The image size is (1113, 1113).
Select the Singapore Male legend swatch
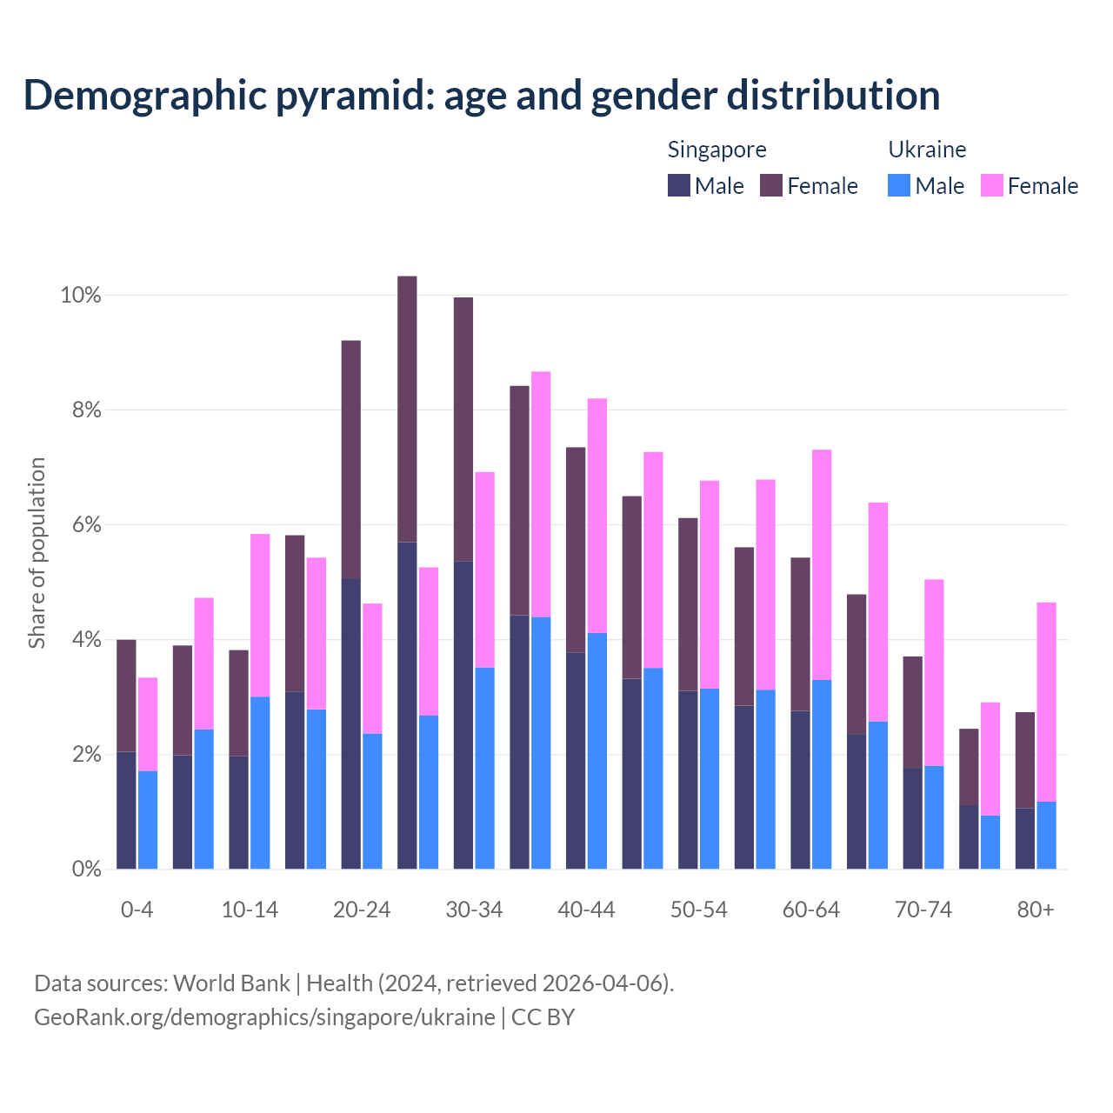pos(678,185)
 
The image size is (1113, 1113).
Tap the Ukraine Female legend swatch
pos(991,185)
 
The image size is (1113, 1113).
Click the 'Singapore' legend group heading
pos(716,150)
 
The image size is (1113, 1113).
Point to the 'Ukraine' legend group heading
pos(927,150)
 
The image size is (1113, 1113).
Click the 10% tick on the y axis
pos(80,296)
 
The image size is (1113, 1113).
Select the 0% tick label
pos(85,869)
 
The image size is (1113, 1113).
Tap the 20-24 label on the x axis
pos(362,910)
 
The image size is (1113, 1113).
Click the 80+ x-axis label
pos(1035,910)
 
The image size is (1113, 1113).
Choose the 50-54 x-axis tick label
pos(698,910)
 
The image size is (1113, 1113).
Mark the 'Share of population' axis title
pos(37,553)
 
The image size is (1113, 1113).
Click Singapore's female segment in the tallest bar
pos(407,409)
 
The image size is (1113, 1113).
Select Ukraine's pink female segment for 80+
pos(1046,701)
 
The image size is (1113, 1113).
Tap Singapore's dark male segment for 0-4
pos(126,810)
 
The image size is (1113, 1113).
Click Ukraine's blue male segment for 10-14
pos(260,783)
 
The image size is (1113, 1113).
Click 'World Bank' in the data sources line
pos(231,983)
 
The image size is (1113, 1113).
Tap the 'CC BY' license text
pos(543,1017)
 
